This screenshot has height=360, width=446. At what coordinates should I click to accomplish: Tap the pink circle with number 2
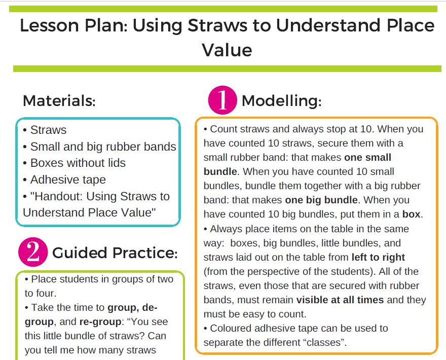click(33, 252)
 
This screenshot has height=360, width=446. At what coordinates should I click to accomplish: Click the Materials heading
click(59, 100)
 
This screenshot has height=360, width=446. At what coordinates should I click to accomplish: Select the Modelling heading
click(281, 100)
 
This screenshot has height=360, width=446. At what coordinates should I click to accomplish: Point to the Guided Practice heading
click(115, 253)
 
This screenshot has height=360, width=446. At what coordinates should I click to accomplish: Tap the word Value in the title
click(227, 50)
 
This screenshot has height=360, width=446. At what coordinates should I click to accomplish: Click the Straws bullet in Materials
click(48, 130)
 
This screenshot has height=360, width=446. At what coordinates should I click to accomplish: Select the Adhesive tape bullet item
click(67, 179)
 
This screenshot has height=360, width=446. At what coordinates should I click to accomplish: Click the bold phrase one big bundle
click(321, 200)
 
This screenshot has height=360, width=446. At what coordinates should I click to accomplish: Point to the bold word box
click(411, 214)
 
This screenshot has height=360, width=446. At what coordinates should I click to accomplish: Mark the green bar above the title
click(223, 9)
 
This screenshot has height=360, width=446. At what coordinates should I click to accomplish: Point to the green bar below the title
click(223, 68)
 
